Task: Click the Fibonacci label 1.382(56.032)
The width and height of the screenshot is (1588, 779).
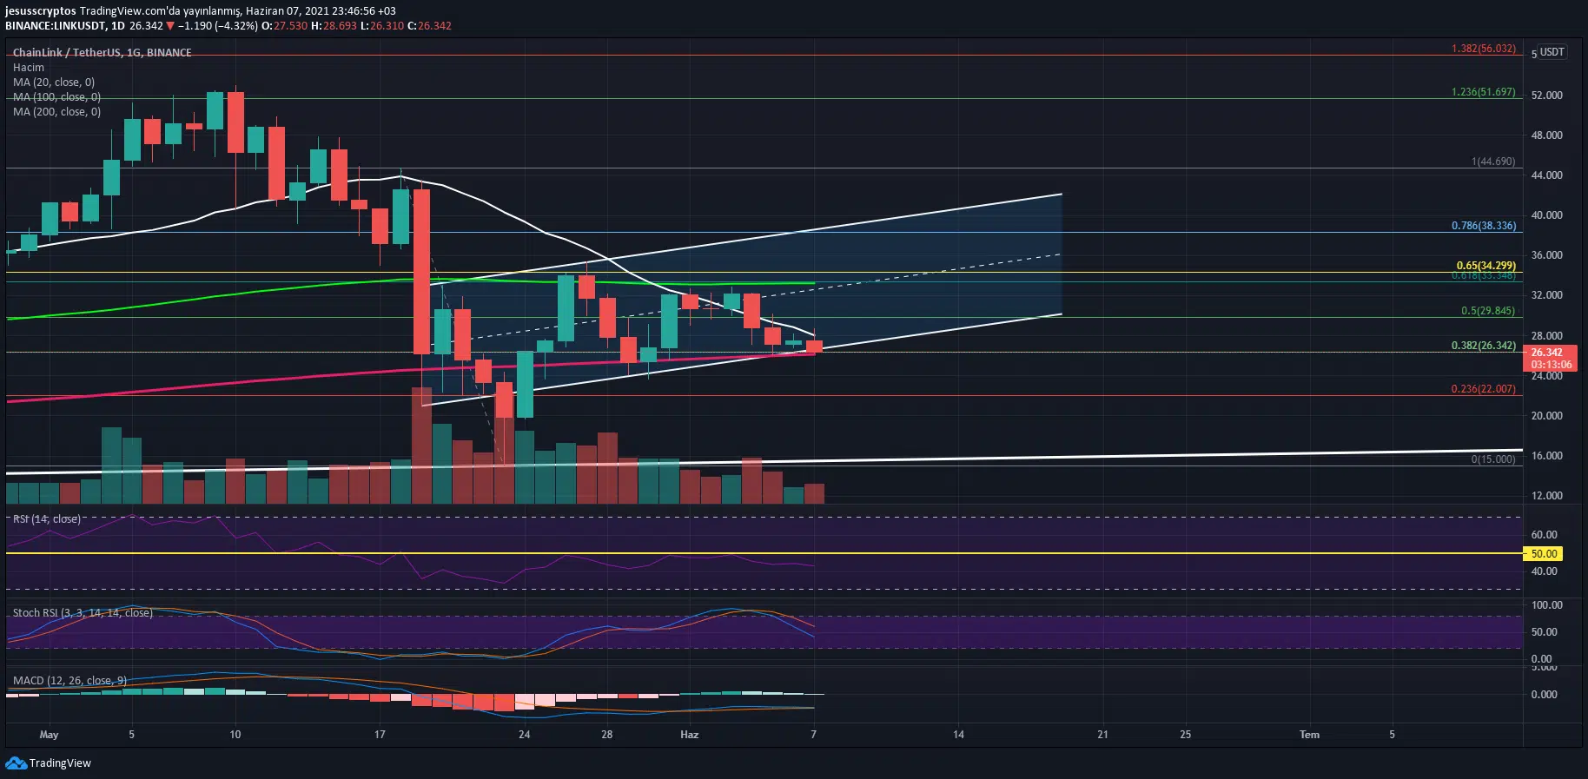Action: point(1483,49)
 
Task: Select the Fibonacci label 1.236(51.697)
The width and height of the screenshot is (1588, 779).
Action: point(1483,92)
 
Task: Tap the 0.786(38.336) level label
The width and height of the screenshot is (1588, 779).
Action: point(1483,226)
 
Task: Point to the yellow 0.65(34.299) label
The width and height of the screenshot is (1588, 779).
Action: point(1485,266)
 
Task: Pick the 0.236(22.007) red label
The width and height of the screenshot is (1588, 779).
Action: point(1483,389)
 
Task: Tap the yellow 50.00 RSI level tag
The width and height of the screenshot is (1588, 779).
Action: point(1544,553)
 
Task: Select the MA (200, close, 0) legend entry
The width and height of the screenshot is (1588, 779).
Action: point(56,112)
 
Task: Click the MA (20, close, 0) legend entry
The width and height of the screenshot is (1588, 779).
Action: point(54,83)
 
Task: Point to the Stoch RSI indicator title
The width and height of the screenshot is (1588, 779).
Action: point(83,613)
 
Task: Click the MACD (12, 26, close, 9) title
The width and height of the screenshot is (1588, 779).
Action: point(69,681)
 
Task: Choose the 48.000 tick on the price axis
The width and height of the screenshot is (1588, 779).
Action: point(1546,135)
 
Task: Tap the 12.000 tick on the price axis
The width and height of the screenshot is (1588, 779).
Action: point(1546,496)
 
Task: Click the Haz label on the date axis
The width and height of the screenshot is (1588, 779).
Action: point(689,735)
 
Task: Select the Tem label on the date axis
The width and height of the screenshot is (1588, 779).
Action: point(1309,735)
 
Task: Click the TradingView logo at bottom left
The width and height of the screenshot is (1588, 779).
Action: point(49,763)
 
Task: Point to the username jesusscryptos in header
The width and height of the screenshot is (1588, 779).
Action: point(41,11)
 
